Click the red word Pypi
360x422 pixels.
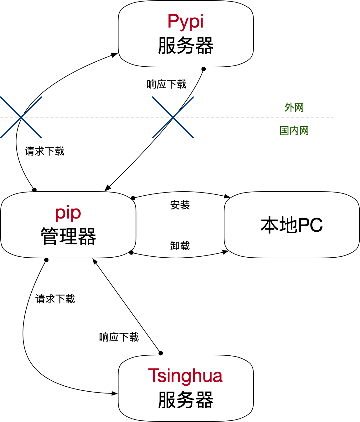(x=185, y=22)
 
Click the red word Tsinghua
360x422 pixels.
(x=185, y=376)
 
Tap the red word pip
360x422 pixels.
(x=68, y=213)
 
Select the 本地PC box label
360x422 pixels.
(x=291, y=225)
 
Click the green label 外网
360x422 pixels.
(x=294, y=107)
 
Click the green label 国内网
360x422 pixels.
(x=294, y=130)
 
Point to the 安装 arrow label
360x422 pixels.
(x=180, y=205)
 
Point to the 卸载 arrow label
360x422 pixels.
(x=180, y=245)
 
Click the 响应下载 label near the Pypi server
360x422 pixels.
(x=167, y=84)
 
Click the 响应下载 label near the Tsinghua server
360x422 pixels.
(x=119, y=337)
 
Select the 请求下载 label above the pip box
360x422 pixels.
(x=44, y=151)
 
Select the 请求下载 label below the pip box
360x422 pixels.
(x=55, y=299)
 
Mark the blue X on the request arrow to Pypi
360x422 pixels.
(x=21, y=117)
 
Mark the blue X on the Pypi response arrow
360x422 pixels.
(x=173, y=117)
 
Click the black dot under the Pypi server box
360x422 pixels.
(x=203, y=69)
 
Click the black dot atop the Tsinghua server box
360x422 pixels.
(x=161, y=353)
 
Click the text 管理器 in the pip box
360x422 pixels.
(x=68, y=236)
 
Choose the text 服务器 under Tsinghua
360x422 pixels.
(x=185, y=400)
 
